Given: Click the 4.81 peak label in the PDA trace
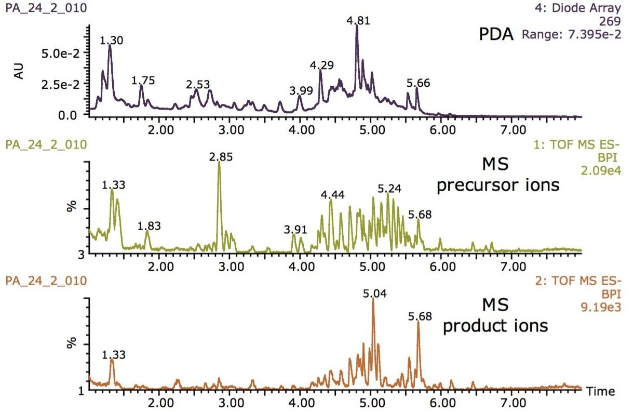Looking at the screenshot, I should tap(358, 20).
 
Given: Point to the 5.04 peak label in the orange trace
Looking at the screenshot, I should tap(372, 294).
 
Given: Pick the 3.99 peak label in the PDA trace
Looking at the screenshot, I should tap(301, 90).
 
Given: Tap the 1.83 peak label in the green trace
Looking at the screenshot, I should tap(149, 226).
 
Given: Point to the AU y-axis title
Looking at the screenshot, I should tap(19, 73).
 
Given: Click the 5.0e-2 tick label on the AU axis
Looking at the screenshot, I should tap(58, 54).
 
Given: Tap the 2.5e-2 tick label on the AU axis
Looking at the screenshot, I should tap(58, 84).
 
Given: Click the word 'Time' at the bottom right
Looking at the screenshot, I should tap(601, 391).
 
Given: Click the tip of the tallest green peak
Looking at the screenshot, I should tap(219, 162).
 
